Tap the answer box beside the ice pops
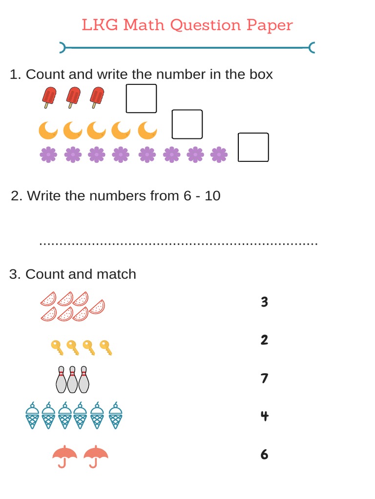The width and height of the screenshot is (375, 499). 141,98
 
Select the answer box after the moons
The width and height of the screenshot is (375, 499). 187,124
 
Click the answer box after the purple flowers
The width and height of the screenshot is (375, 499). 253,147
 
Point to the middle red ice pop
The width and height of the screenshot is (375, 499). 73,97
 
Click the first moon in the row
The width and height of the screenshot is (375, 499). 48,130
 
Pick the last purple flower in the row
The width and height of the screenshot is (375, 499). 219,155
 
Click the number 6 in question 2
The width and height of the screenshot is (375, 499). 187,196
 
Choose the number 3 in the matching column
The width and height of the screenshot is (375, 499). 264,302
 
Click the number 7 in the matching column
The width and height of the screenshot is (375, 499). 264,378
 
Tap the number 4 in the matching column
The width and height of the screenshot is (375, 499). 264,416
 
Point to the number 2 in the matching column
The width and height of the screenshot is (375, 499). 264,340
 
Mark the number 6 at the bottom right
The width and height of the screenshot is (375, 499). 264,454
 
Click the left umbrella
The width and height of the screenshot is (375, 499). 64,456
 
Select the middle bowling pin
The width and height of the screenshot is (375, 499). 72,380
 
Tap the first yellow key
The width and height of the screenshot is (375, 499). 57,347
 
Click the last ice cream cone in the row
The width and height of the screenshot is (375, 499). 115,416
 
